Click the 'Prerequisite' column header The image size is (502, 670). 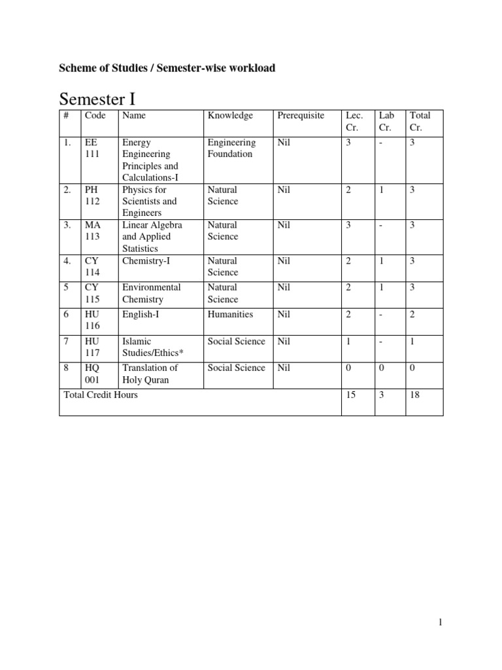click(x=301, y=116)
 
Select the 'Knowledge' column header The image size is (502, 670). click(x=230, y=116)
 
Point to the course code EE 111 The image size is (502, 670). click(x=92, y=149)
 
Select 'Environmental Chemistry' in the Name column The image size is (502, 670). click(x=151, y=293)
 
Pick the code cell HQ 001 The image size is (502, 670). click(x=92, y=374)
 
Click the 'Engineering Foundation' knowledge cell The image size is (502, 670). click(x=231, y=149)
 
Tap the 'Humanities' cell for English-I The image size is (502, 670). click(x=230, y=314)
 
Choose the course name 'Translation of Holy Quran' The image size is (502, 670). click(x=150, y=374)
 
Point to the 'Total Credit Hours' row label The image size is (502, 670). click(x=101, y=395)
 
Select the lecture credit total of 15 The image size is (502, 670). click(x=351, y=395)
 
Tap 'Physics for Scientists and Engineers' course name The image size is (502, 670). click(x=150, y=202)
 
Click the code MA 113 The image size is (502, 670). click(x=92, y=231)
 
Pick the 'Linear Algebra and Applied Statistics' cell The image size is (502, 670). click(x=152, y=236)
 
